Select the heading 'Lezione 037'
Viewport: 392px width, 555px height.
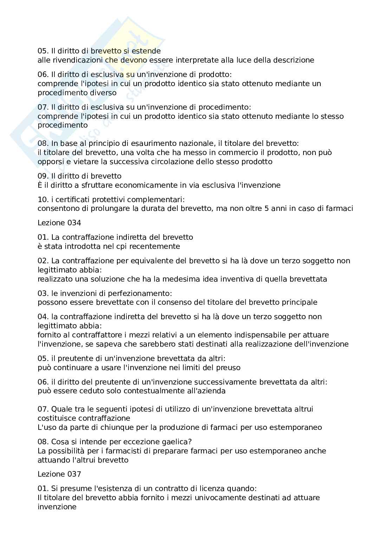59,474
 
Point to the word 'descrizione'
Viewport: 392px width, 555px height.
293,60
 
